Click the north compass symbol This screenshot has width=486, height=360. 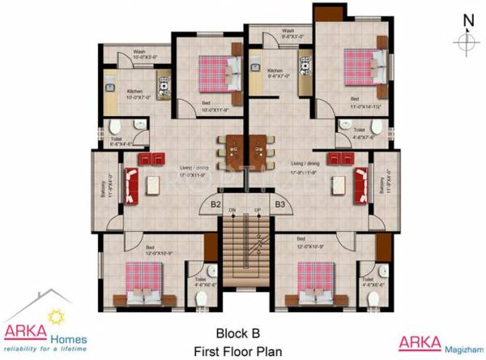(467, 41)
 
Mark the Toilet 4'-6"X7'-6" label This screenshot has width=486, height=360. (359, 132)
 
